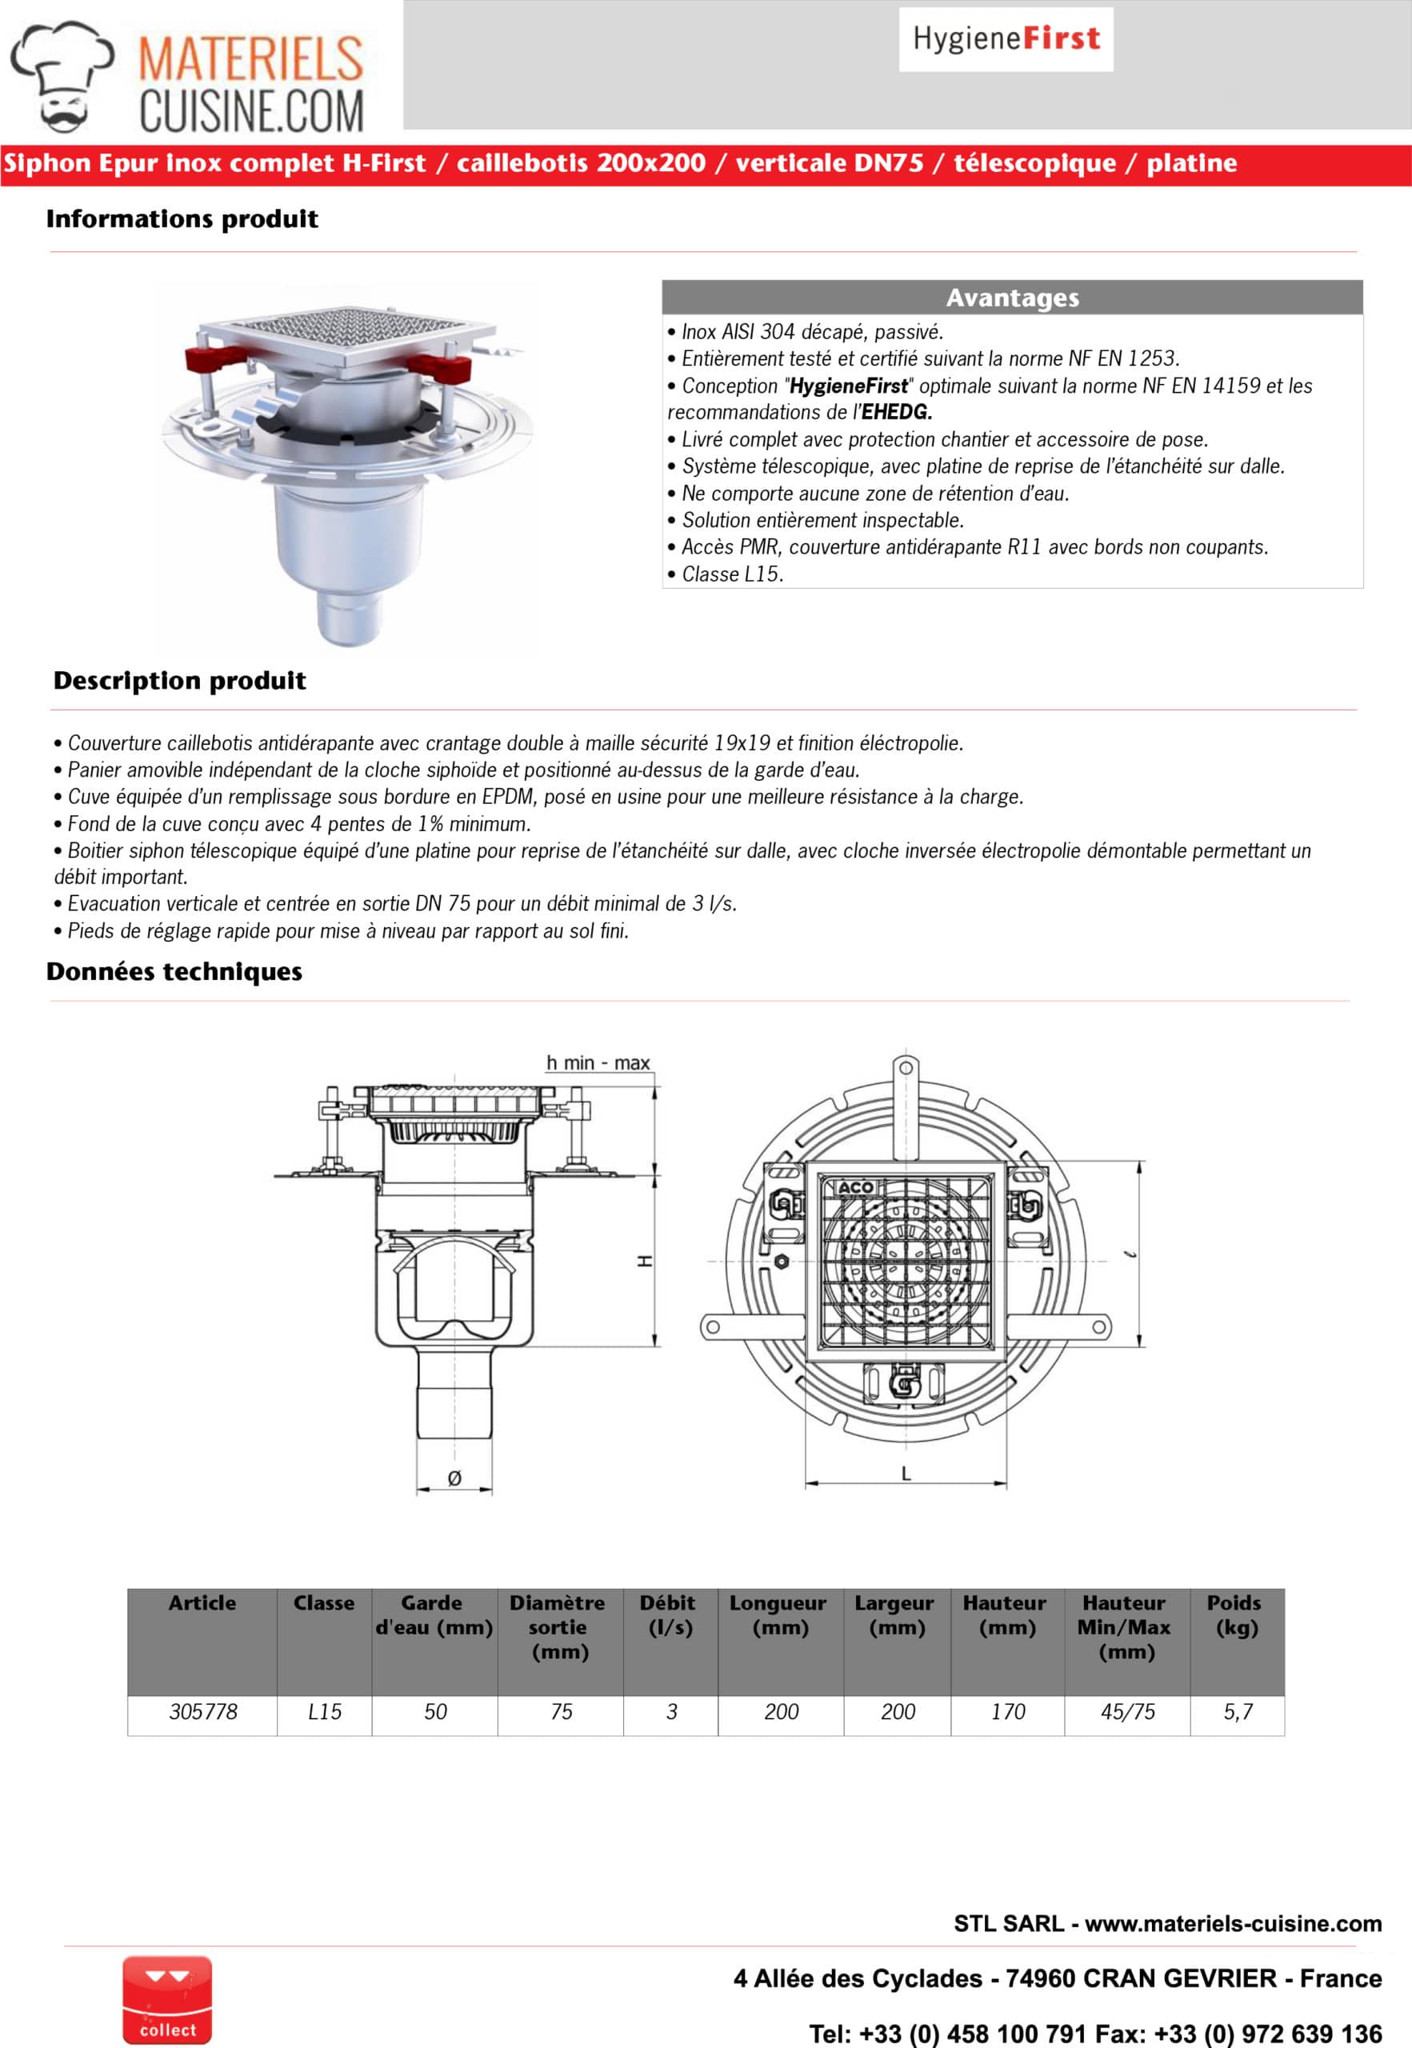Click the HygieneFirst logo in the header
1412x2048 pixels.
click(1006, 39)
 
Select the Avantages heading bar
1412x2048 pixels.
click(1011, 298)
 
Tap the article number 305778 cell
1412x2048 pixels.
click(202, 1711)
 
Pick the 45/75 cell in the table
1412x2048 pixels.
click(1127, 1711)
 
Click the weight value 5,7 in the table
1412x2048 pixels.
click(1237, 1711)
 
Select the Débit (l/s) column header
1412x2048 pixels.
click(670, 1614)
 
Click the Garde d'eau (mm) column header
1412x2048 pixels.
click(434, 1614)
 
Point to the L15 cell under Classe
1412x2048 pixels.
click(324, 1711)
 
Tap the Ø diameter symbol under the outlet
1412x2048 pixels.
click(454, 1478)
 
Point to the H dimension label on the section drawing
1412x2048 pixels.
click(645, 1260)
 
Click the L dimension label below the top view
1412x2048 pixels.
click(905, 1473)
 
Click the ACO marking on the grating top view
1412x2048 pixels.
click(855, 1187)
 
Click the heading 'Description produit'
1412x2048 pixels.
click(179, 680)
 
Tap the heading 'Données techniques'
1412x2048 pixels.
click(174, 971)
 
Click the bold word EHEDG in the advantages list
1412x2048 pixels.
click(896, 412)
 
